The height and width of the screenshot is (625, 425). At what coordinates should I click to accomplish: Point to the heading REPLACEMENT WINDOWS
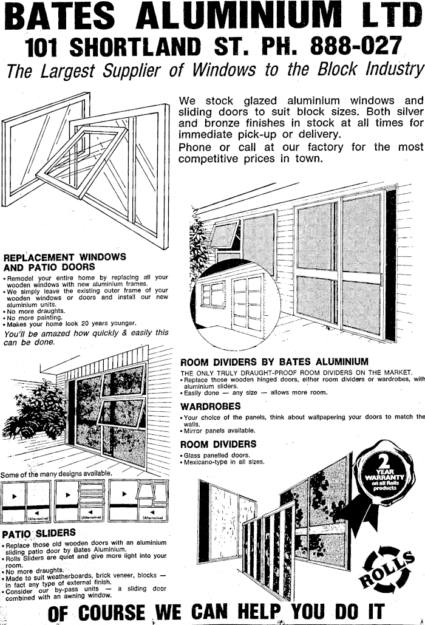pyautogui.click(x=65, y=257)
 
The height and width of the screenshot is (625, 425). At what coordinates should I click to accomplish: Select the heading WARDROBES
pyautogui.click(x=210, y=406)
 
